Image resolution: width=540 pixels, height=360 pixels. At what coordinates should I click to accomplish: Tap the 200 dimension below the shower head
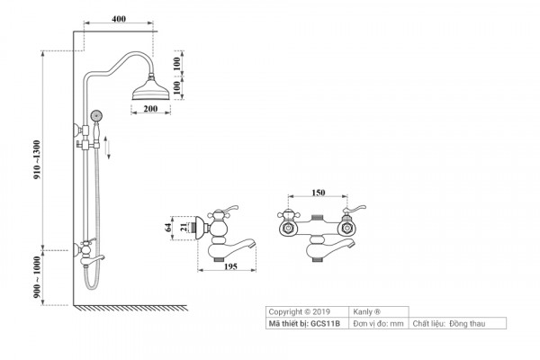coord(149,109)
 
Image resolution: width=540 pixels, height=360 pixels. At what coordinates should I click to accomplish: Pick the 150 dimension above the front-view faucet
coord(317,192)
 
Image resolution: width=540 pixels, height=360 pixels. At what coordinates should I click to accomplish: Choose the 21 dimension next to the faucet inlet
coord(185,229)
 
